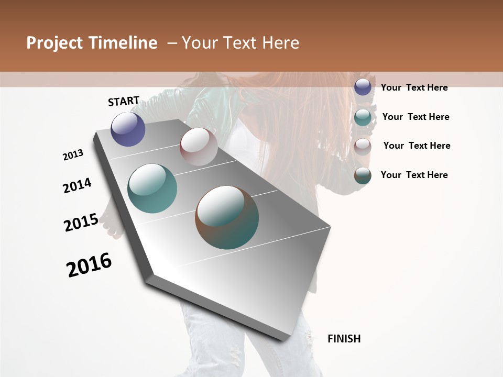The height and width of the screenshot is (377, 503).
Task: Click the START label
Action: tap(124, 101)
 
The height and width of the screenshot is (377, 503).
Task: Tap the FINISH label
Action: tap(344, 339)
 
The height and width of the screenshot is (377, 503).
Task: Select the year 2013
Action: tap(73, 155)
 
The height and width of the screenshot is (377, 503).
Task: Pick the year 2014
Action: tap(77, 185)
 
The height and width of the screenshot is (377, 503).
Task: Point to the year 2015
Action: tap(81, 223)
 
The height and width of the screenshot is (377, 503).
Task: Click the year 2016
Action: tap(89, 264)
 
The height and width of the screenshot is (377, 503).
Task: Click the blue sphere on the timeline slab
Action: tap(128, 129)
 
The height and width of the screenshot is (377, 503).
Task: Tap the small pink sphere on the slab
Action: tap(199, 146)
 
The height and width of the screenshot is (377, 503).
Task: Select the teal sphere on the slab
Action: tap(152, 188)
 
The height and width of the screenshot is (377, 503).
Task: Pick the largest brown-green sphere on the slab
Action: tap(227, 217)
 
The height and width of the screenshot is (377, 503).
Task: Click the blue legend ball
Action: tap(363, 87)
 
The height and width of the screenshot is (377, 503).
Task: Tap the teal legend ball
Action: tap(363, 117)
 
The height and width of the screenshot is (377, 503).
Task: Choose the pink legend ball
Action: tap(363, 147)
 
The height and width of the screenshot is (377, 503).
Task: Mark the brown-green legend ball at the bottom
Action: tap(363, 176)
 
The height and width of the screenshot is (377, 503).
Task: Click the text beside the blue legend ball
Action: tap(414, 87)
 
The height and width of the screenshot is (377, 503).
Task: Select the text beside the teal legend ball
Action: tap(415, 117)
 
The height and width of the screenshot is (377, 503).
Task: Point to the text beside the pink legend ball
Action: tap(417, 146)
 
